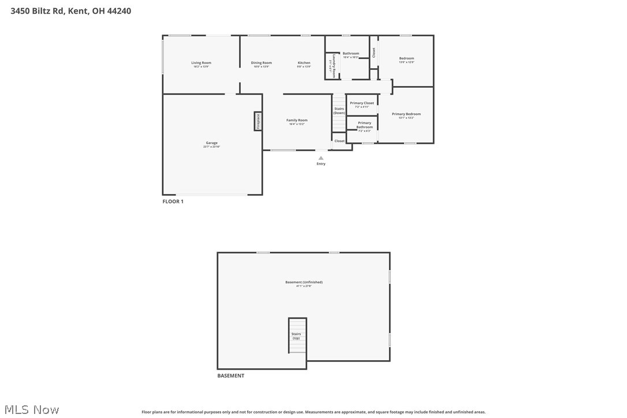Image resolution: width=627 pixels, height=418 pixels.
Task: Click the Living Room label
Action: [x=201, y=63]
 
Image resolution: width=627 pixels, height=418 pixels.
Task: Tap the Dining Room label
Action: [x=261, y=63]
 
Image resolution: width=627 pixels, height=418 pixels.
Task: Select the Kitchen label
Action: [x=304, y=63]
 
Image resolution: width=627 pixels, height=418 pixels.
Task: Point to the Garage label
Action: [x=212, y=143]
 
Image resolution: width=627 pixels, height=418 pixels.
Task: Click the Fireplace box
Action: [x=258, y=121]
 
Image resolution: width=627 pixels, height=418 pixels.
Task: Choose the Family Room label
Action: [x=297, y=120]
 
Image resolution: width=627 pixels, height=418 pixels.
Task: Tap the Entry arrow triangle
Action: [x=321, y=158]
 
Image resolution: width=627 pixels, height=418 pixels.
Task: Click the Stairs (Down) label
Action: [x=339, y=111]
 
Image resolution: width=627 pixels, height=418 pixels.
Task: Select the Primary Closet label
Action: [x=362, y=103]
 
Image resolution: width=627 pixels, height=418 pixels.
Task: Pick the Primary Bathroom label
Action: [x=364, y=125]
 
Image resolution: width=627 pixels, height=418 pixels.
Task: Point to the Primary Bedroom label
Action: [x=406, y=114]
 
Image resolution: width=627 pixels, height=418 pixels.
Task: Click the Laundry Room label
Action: [x=334, y=66]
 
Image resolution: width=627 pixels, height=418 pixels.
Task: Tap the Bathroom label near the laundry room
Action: [x=351, y=54]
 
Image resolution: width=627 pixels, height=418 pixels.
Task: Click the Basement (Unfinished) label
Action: [x=304, y=282]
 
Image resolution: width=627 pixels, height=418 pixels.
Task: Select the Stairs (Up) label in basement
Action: [x=296, y=335]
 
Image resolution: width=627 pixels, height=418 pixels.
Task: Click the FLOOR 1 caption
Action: [x=173, y=201]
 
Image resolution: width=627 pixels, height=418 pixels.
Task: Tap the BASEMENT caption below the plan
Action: [x=230, y=376]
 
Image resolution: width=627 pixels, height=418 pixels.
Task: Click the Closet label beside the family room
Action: [x=339, y=141]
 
